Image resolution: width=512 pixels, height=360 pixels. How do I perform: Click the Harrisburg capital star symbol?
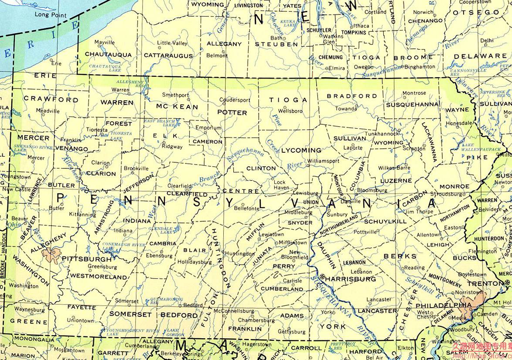pyautogui.click(x=322, y=277)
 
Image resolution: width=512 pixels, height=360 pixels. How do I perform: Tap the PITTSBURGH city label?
pyautogui.click(x=87, y=259)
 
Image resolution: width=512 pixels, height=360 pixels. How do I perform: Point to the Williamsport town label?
pyautogui.click(x=323, y=161)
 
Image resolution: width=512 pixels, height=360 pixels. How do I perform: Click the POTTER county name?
pyautogui.click(x=232, y=112)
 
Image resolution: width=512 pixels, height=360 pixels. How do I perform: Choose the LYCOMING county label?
pyautogui.click(x=301, y=150)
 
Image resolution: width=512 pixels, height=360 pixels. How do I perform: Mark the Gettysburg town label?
pyautogui.click(x=292, y=332)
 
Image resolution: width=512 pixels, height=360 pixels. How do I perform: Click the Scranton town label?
pyautogui.click(x=413, y=149)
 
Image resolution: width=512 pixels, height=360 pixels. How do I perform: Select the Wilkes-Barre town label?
pyautogui.click(x=394, y=168)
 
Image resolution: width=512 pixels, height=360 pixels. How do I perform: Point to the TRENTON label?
pyautogui.click(x=485, y=283)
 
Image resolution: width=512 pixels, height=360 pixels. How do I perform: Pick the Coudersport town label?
pyautogui.click(x=235, y=99)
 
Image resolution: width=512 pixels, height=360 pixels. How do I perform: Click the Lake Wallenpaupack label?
pyautogui.click(x=481, y=147)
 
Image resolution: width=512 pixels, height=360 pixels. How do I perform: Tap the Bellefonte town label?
pyautogui.click(x=246, y=209)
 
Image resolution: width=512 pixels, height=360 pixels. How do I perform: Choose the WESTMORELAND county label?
pyautogui.click(x=99, y=276)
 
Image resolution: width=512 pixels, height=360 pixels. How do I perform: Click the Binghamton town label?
pyautogui.click(x=420, y=67)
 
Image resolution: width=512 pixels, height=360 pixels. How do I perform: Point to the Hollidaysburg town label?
pyautogui.click(x=194, y=262)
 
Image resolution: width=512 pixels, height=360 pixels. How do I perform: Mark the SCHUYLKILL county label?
pyautogui.click(x=385, y=221)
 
